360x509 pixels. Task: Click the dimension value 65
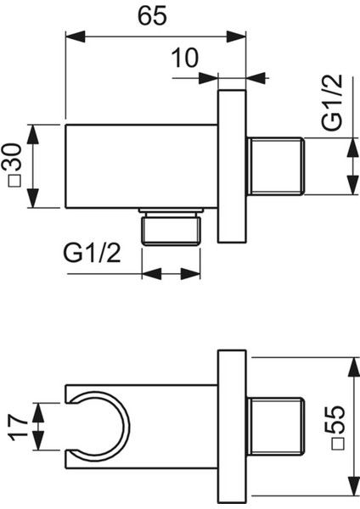coord(152,16)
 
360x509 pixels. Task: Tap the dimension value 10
coord(184,58)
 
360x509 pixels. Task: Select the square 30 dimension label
coord(14,165)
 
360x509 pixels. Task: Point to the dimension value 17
coord(18,426)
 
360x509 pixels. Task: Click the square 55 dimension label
coord(338,427)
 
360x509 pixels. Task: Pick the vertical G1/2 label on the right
coord(332,103)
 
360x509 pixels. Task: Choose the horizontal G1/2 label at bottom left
coord(92,253)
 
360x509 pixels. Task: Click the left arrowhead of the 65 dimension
coord(75,36)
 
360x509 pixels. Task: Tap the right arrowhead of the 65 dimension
coord(236,36)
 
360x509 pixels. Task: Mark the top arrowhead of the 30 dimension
coord(33,134)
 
